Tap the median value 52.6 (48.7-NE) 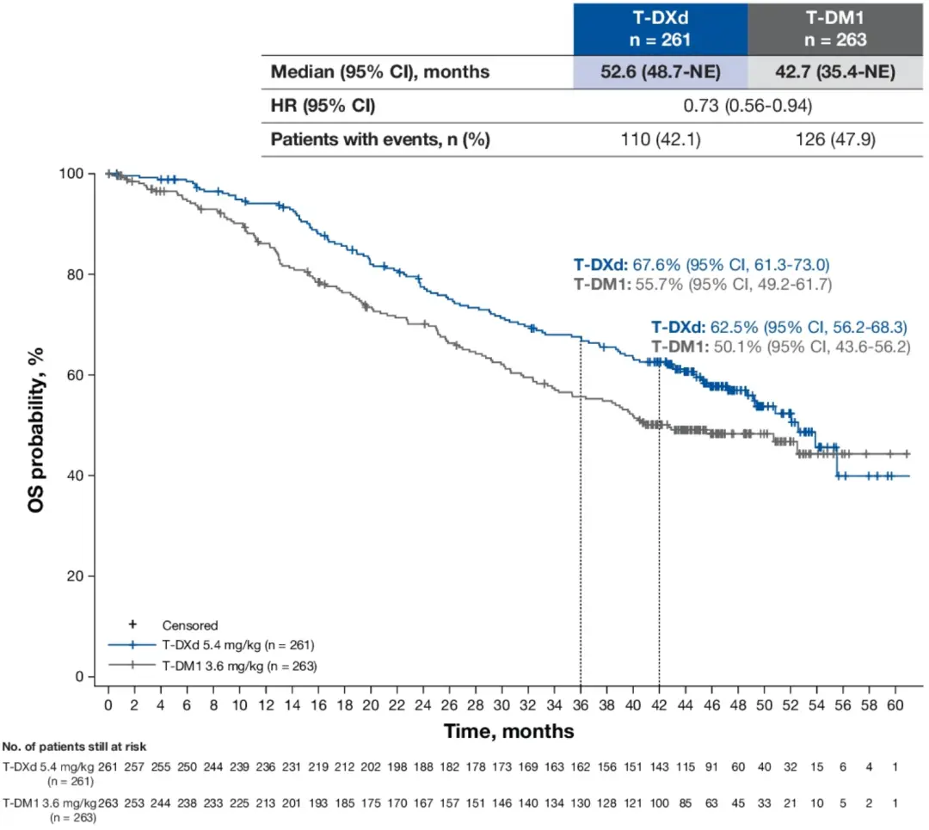[x=660, y=72]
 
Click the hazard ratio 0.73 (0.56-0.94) [x=746, y=106]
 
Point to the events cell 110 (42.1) [x=660, y=139]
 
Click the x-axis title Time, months [x=508, y=731]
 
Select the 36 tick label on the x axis [x=581, y=704]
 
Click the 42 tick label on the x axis [x=659, y=704]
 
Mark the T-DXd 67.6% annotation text [x=702, y=264]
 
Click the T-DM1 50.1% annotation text [x=779, y=347]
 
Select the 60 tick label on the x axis [x=895, y=704]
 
